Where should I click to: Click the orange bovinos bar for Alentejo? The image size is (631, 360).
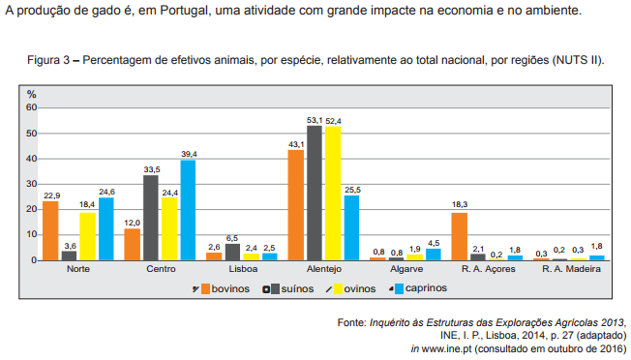click(296, 205)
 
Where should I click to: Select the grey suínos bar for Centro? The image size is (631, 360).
click(151, 218)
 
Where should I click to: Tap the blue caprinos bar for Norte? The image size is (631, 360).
click(106, 229)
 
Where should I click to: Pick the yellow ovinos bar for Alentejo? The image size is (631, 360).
click(333, 194)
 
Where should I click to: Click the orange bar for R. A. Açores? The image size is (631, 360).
click(460, 236)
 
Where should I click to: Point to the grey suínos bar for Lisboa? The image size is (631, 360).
click(232, 253)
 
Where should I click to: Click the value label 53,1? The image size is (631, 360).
click(315, 120)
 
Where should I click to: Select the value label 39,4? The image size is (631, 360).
click(189, 154)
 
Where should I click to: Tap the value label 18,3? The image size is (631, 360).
click(460, 204)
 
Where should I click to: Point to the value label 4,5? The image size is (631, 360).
click(434, 243)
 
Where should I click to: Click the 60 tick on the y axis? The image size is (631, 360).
click(31, 107)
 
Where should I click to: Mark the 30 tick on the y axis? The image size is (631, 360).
click(31, 184)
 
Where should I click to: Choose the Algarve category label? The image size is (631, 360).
click(406, 269)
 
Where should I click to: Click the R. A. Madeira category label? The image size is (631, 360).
click(571, 269)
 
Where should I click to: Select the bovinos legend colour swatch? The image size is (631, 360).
click(205, 288)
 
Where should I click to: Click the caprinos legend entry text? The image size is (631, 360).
click(426, 288)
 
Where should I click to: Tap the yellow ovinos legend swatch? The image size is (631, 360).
click(338, 288)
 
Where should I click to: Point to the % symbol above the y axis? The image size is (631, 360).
click(31, 95)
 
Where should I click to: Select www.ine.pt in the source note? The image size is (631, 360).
click(446, 348)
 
